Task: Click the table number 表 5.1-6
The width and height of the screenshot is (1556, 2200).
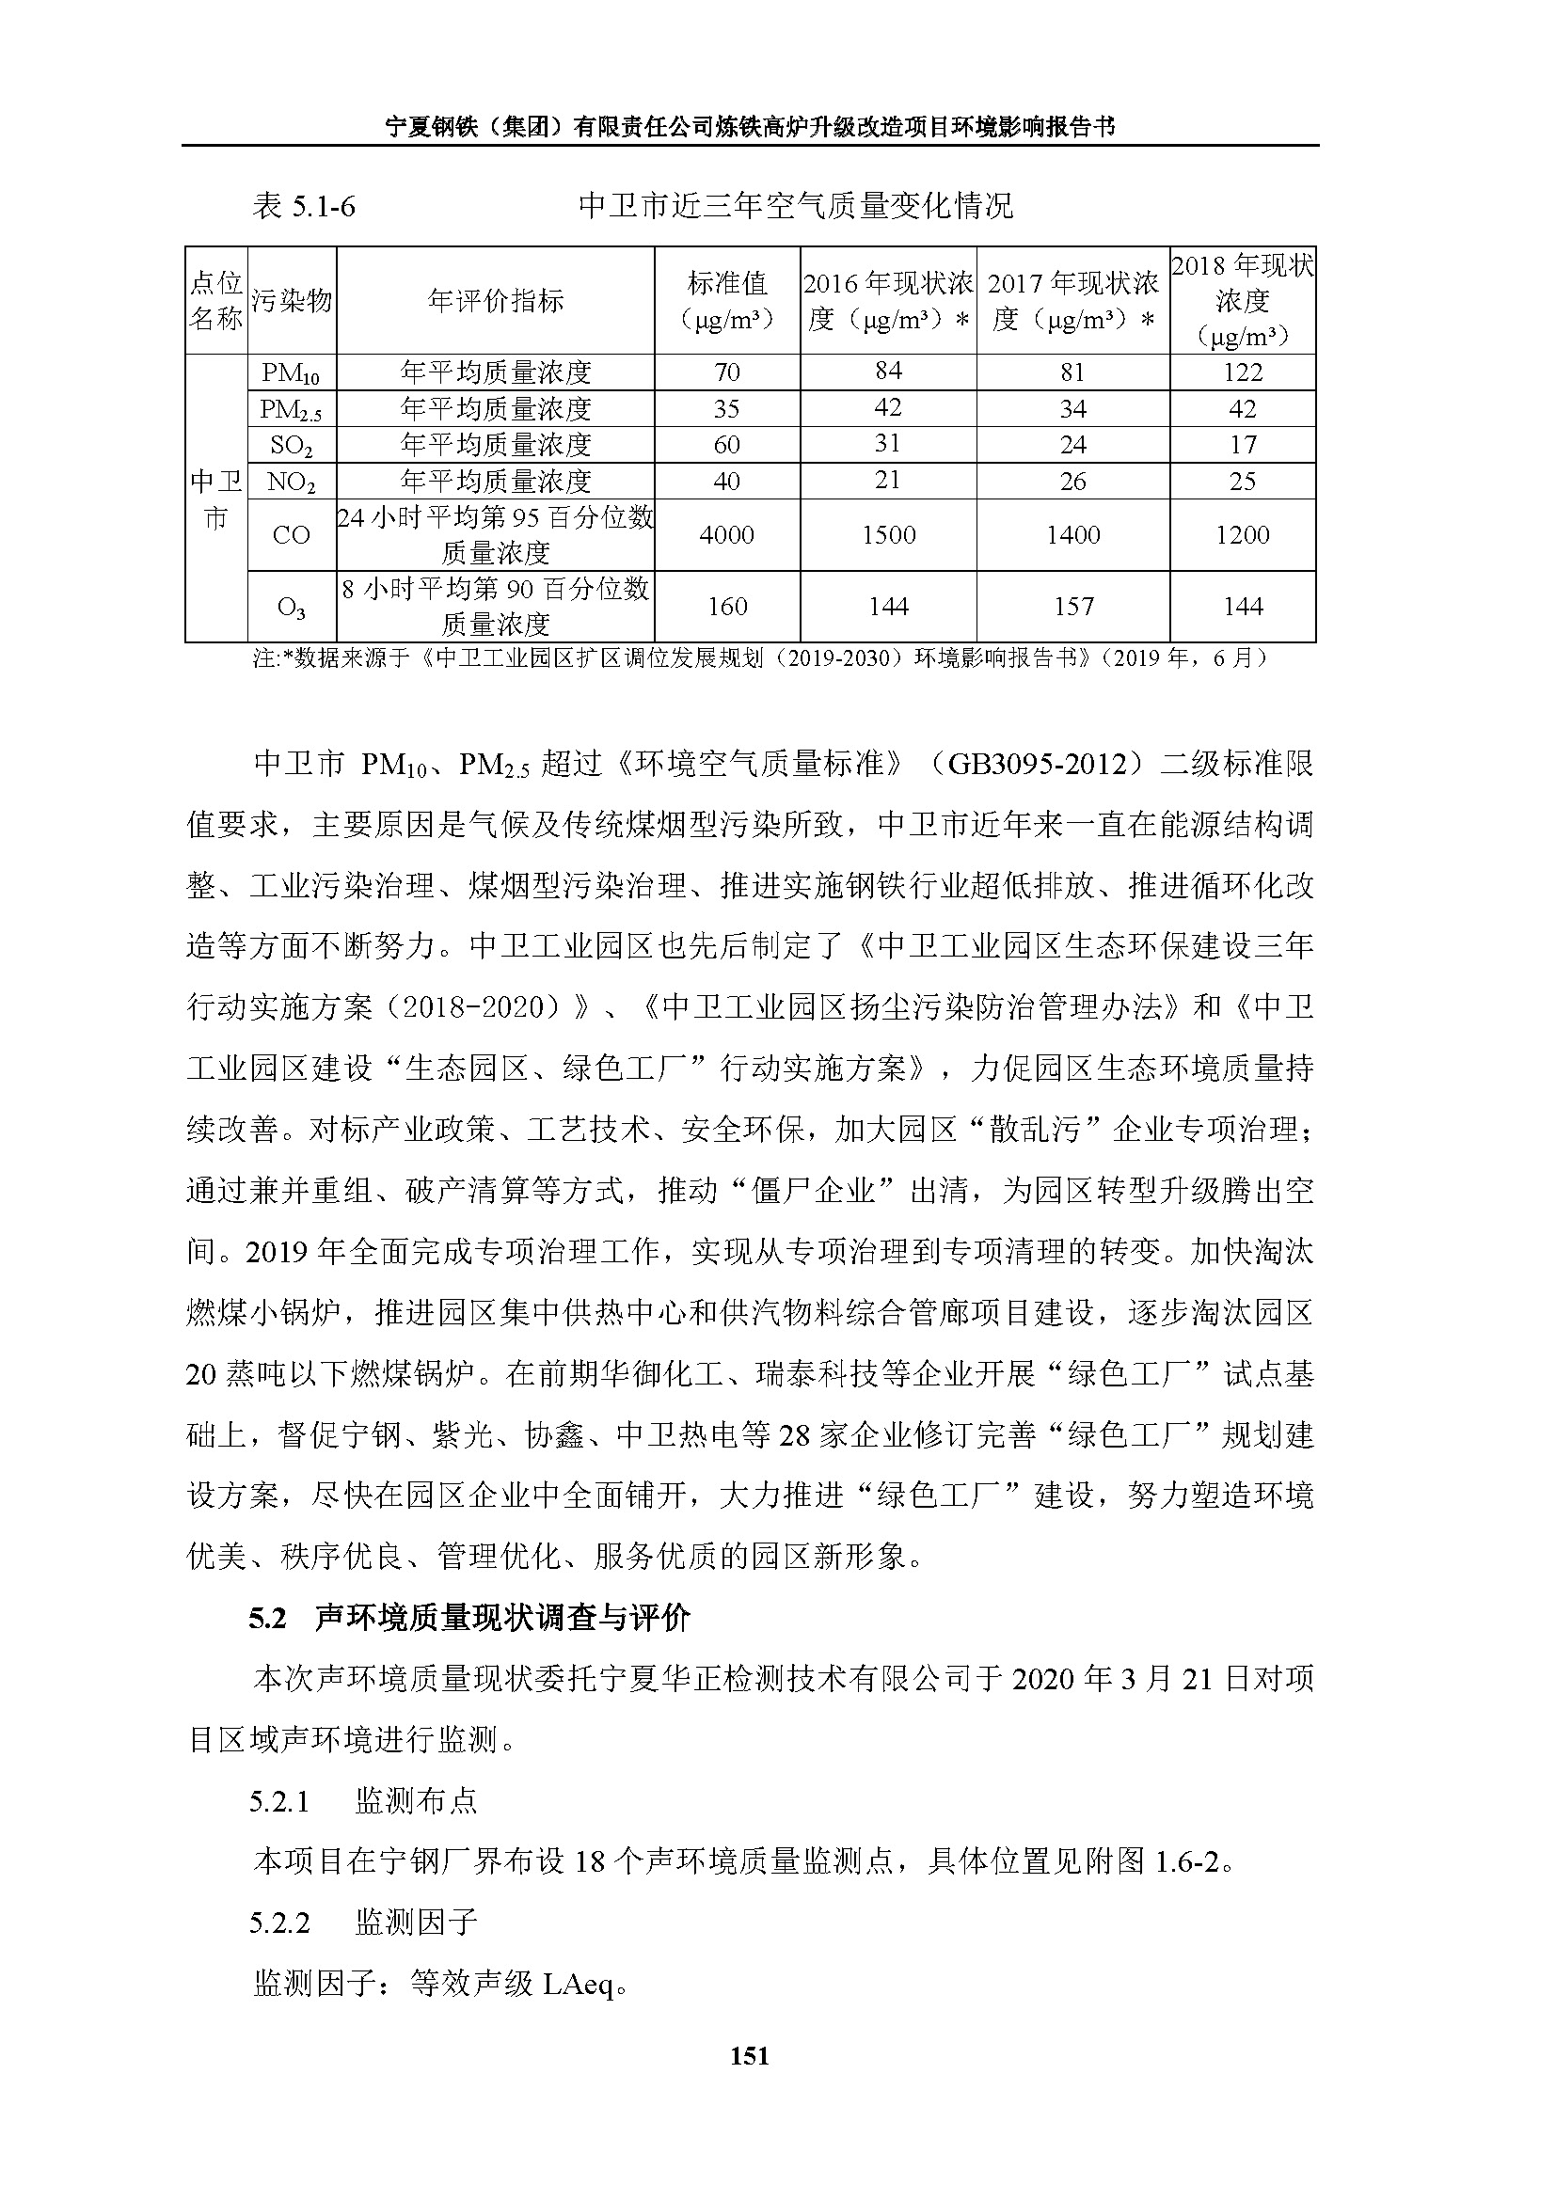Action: point(304,206)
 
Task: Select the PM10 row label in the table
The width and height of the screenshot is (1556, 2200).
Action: point(292,372)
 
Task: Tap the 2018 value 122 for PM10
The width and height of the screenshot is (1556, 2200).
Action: point(1243,372)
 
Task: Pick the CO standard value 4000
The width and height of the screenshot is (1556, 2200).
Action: point(726,534)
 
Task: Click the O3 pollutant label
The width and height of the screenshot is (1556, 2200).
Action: point(292,608)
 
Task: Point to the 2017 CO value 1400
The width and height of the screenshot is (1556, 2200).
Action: point(1073,534)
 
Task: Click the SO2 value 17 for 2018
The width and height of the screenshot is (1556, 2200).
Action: point(1243,445)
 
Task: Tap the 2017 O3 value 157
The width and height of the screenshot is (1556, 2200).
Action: point(1073,607)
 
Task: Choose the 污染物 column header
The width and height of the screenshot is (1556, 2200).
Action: point(292,301)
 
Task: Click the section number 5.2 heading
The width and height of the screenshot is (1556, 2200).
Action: point(267,1619)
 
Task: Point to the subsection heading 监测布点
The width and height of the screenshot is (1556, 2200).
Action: point(416,1801)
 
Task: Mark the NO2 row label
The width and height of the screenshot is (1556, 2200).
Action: point(292,482)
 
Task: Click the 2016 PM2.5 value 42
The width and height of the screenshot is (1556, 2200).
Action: point(888,408)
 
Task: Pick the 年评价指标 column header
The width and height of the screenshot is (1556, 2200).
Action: point(496,301)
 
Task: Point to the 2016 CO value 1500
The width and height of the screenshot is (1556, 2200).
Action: point(888,534)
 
